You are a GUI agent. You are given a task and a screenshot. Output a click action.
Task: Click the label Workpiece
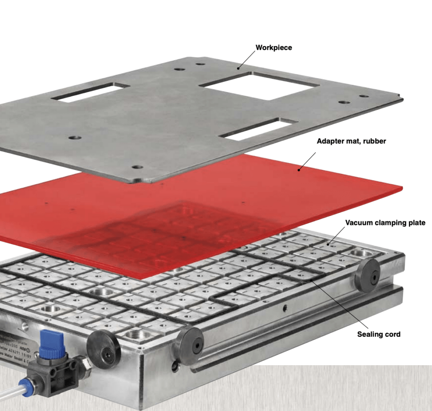[273, 47]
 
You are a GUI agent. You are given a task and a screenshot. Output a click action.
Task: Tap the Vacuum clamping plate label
[385, 223]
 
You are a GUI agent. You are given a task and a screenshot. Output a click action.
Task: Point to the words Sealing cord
[378, 334]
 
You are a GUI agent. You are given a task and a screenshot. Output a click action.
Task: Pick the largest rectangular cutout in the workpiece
[259, 86]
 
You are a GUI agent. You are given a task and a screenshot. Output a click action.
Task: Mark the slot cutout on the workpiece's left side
[91, 93]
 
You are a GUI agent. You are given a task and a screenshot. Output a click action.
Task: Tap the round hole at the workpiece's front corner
[137, 167]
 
